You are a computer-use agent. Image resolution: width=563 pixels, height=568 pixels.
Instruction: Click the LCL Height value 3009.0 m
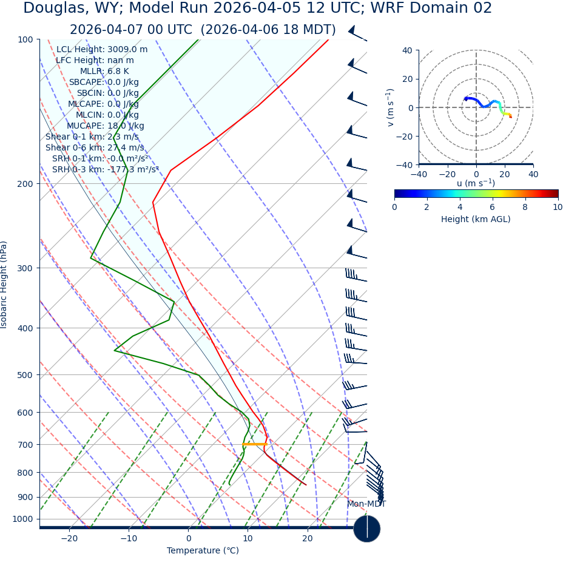(x=127, y=49)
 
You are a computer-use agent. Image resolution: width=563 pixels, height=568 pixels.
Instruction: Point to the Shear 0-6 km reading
(x=95, y=147)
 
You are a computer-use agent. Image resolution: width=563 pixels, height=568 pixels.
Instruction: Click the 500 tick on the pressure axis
(x=25, y=375)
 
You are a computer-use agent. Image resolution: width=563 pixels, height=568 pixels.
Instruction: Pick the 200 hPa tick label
(x=25, y=183)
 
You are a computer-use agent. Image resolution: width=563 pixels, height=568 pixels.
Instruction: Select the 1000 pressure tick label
(x=22, y=519)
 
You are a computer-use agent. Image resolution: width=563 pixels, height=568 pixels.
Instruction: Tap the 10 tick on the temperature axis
(x=248, y=539)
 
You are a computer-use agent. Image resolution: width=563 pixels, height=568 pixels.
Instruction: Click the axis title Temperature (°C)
(x=203, y=551)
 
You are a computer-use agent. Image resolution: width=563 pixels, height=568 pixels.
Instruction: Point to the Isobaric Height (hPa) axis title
(x=4, y=285)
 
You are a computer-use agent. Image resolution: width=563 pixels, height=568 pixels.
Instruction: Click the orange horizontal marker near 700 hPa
(x=255, y=444)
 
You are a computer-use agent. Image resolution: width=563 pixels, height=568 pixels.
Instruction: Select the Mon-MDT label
(x=366, y=504)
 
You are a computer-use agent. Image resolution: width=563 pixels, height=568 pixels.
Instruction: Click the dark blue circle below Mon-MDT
(x=366, y=529)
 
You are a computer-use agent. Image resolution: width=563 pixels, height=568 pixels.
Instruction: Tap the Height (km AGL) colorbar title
(x=476, y=219)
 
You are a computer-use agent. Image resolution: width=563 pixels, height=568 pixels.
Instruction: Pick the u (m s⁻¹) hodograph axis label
(x=476, y=183)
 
